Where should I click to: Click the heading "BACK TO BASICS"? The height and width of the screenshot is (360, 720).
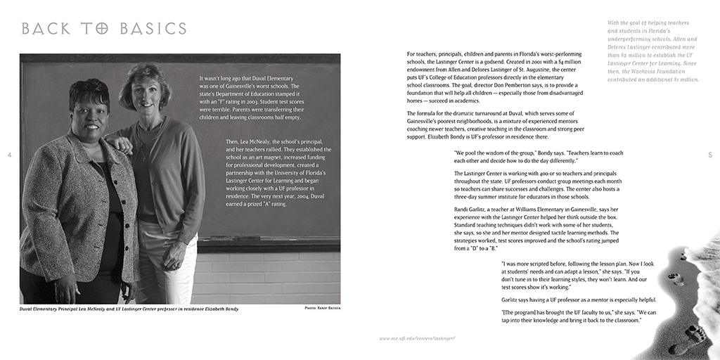pos(104,29)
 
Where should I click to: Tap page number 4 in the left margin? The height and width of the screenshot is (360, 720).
pos(10,155)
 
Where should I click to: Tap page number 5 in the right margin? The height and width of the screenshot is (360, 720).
pos(710,155)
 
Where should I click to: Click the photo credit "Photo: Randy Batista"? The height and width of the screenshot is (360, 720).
pos(323,309)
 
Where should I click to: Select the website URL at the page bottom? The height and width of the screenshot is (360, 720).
pos(418,338)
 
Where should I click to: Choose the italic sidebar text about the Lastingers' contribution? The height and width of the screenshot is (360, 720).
pos(652,51)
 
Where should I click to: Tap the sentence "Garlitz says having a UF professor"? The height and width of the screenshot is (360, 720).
pos(579,300)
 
